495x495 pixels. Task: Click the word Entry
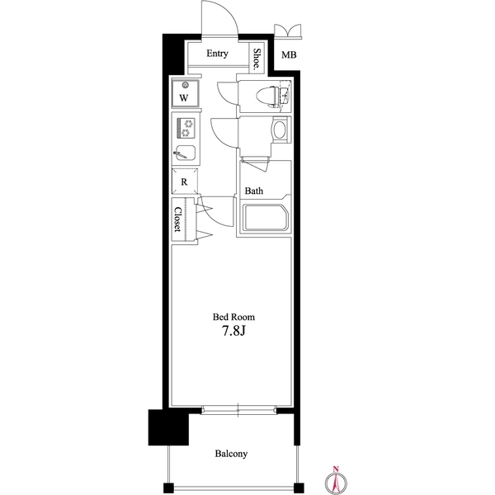(x=217, y=54)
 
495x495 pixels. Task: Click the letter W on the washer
(x=185, y=98)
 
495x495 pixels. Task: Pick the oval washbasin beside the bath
(x=279, y=130)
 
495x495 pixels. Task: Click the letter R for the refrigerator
(x=184, y=181)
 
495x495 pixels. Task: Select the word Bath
(x=254, y=191)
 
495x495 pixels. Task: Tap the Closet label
(x=178, y=219)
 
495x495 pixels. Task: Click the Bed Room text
(x=233, y=317)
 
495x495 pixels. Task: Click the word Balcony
(x=231, y=454)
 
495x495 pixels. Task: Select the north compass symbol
(x=337, y=480)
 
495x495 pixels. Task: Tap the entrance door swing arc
(x=216, y=18)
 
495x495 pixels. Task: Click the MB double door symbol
(x=289, y=31)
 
